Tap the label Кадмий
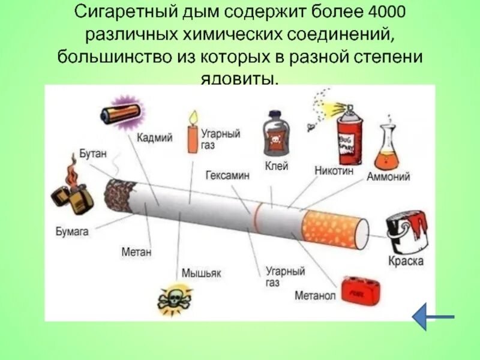point(154,138)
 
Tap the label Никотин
point(334,170)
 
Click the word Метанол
point(314,296)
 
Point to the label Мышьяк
point(202,273)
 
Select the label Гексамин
point(227,176)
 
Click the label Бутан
point(92,153)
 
